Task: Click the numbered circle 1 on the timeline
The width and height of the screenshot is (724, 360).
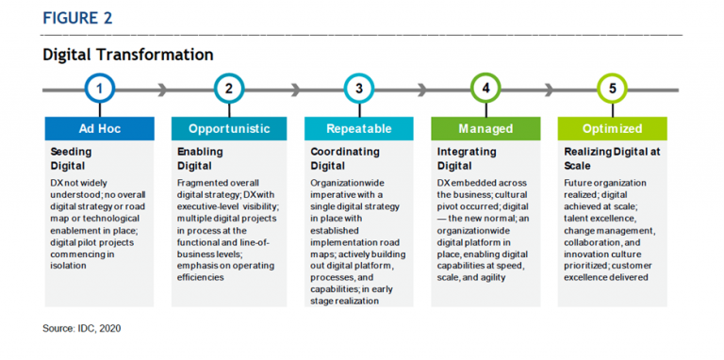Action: (x=100, y=90)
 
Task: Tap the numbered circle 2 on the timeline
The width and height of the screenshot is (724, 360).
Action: (x=229, y=90)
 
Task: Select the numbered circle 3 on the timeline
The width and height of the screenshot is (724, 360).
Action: (x=358, y=90)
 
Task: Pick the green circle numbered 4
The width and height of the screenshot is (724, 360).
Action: (x=485, y=90)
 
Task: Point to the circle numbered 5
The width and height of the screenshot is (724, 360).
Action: (x=613, y=90)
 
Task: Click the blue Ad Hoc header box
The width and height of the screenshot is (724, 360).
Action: (x=100, y=128)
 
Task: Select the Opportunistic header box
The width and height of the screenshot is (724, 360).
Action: (x=229, y=128)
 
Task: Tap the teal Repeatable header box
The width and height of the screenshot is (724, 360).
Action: (x=358, y=128)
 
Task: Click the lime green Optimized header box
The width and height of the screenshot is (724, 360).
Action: (x=613, y=128)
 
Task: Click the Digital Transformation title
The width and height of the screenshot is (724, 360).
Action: (x=127, y=55)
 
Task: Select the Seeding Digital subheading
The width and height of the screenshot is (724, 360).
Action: (x=72, y=157)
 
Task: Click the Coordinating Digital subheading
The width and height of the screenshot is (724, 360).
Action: (x=345, y=157)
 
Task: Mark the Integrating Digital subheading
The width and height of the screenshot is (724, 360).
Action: (x=468, y=157)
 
